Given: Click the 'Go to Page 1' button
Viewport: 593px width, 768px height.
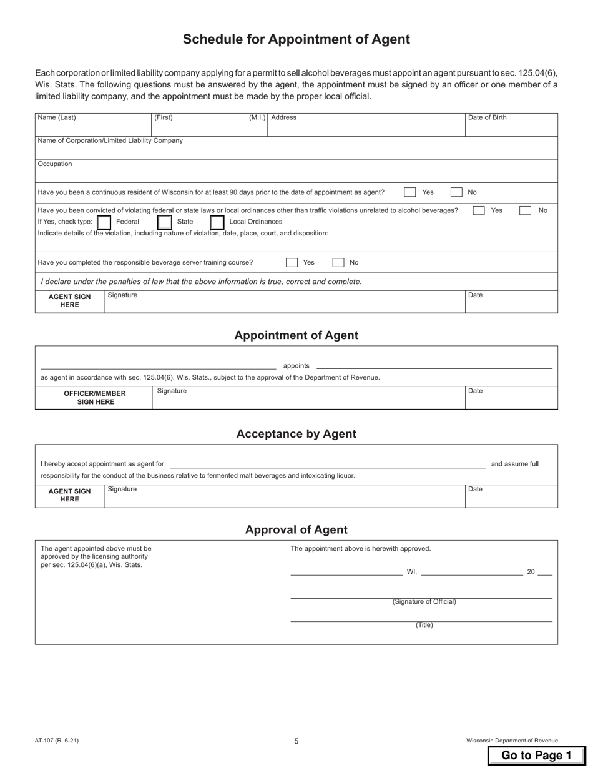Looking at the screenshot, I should pyautogui.click(x=536, y=755).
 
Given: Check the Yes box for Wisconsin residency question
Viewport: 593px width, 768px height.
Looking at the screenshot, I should pyautogui.click(x=410, y=192).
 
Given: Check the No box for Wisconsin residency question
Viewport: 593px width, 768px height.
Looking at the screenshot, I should pyautogui.click(x=457, y=192).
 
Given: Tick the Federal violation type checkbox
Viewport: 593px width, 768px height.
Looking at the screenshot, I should pyautogui.click(x=105, y=222).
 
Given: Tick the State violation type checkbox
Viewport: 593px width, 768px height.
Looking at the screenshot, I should pyautogui.click(x=165, y=222).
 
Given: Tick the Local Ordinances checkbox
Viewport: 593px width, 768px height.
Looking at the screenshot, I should pyautogui.click(x=217, y=222).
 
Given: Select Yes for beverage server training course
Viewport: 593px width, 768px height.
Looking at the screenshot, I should pyautogui.click(x=292, y=263).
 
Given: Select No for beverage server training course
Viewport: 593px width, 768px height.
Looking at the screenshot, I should pyautogui.click(x=338, y=263).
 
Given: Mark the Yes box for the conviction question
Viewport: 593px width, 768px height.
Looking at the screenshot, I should pyautogui.click(x=479, y=210).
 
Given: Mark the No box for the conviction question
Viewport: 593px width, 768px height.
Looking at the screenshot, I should pyautogui.click(x=526, y=210).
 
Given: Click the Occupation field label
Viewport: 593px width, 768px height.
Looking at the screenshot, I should pyautogui.click(x=55, y=164).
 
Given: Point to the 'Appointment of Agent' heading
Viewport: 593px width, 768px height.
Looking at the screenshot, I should pyautogui.click(x=296, y=335).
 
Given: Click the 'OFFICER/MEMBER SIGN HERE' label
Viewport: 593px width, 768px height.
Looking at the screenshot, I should pyautogui.click(x=95, y=398).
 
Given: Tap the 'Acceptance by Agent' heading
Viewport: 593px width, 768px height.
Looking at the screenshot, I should pyautogui.click(x=296, y=434).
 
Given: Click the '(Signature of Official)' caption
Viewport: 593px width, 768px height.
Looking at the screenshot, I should pyautogui.click(x=424, y=602).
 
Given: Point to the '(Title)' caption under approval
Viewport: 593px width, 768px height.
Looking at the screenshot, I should pyautogui.click(x=424, y=625).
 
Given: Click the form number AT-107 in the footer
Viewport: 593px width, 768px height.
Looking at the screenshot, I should pyautogui.click(x=57, y=741).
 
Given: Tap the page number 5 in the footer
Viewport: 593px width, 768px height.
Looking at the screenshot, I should pyautogui.click(x=296, y=741).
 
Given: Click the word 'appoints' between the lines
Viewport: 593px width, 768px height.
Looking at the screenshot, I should pyautogui.click(x=296, y=366).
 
